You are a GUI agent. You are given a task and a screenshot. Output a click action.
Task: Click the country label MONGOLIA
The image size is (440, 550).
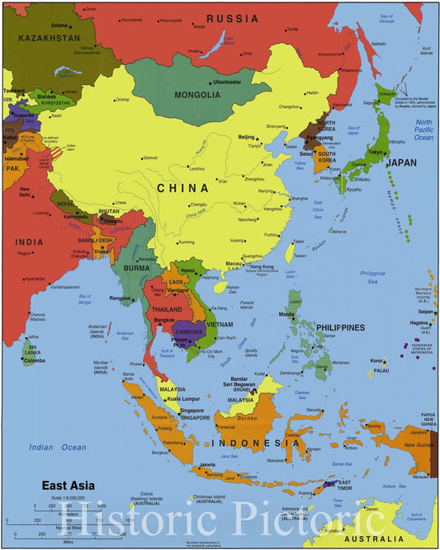[197, 95]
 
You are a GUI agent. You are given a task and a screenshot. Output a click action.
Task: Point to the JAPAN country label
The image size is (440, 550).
[401, 162]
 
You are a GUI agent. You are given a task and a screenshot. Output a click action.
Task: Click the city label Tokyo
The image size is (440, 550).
[376, 152]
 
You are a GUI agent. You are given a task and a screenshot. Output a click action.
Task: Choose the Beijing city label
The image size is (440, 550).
[246, 136]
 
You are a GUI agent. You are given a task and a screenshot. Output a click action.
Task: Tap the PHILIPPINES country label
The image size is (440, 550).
[338, 327]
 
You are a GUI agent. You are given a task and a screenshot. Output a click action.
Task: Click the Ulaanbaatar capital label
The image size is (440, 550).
[233, 82]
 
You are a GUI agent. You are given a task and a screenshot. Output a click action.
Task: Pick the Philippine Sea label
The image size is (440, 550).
[372, 273]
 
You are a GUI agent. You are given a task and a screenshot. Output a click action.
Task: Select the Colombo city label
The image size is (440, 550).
[35, 360]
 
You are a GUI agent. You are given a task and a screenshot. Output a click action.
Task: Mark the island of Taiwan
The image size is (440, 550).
[290, 251]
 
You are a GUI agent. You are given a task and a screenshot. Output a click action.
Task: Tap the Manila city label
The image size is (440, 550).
[286, 314]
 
